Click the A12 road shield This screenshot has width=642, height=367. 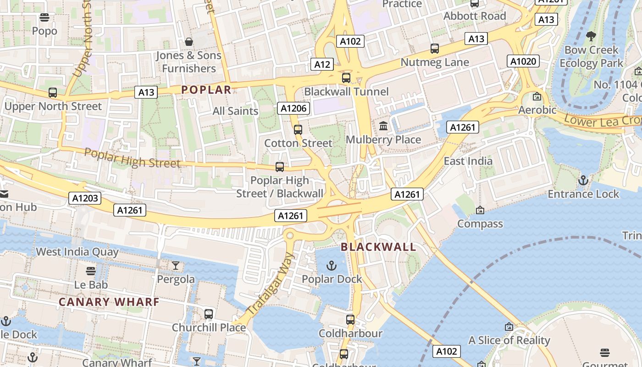point(321,64)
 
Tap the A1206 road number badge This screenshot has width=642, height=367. point(293,108)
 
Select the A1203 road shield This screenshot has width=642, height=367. point(84,198)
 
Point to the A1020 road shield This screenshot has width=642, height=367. point(523,61)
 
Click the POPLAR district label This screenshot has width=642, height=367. point(206,90)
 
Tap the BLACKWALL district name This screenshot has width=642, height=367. point(378,247)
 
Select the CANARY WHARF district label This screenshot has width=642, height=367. point(109,302)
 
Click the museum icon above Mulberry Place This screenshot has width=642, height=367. point(383,126)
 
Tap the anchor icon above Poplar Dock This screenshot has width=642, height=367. point(331,266)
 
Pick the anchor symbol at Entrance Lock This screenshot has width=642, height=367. point(583,180)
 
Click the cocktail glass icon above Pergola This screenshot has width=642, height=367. point(176,266)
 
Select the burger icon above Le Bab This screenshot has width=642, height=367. point(91,271)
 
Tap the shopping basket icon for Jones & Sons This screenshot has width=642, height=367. point(188,42)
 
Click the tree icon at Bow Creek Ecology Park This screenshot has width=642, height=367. point(591,36)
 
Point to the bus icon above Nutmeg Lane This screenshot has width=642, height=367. point(434,49)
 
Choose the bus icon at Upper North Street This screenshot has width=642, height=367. point(53,93)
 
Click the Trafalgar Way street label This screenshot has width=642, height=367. point(270,284)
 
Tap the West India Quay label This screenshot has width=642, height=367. point(77,252)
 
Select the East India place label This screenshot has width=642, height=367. point(468,161)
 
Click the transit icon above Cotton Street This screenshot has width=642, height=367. point(298,130)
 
